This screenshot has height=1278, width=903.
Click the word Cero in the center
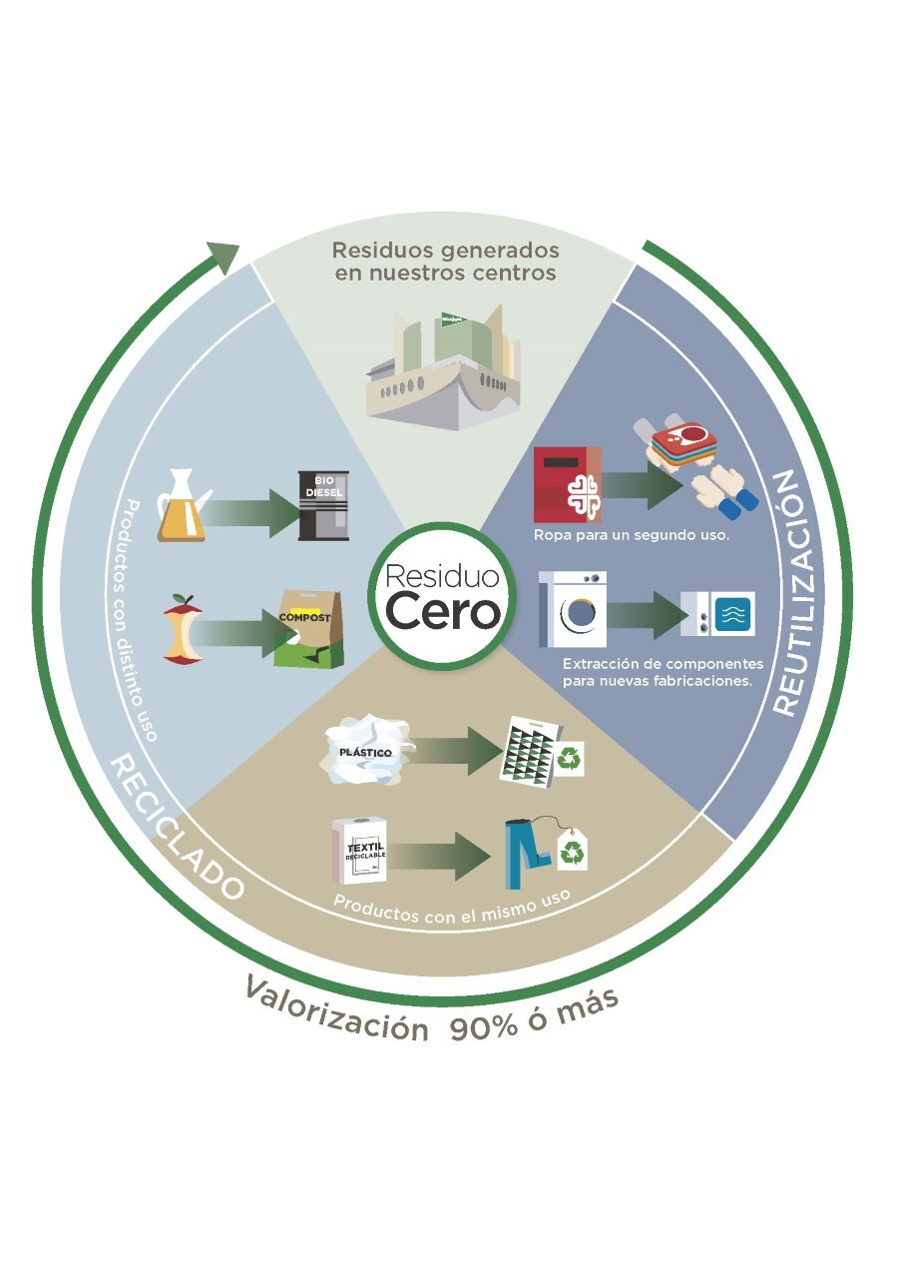click(443, 612)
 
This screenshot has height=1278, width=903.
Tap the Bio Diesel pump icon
click(323, 505)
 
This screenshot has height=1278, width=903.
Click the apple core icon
click(183, 631)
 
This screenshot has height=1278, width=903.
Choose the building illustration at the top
click(443, 369)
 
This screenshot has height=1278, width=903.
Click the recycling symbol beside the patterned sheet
click(571, 761)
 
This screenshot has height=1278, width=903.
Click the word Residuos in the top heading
click(379, 250)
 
